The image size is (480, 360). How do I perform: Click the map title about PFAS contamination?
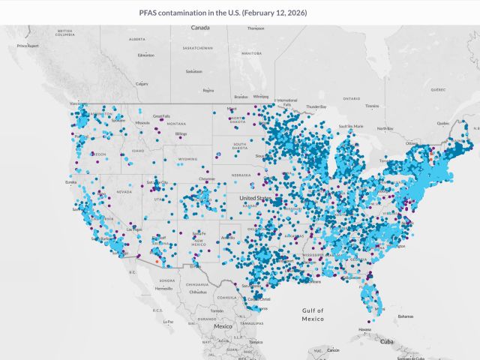(x=223, y=13)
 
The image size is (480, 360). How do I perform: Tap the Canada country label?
(x=200, y=28)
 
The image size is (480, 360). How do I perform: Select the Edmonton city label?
(x=146, y=55)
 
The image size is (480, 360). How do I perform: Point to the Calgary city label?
(x=142, y=83)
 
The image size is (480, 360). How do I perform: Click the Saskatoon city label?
(x=194, y=71)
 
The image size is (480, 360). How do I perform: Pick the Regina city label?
(x=208, y=90)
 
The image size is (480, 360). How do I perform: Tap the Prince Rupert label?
(x=27, y=46)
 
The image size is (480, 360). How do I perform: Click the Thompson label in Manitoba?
(x=256, y=29)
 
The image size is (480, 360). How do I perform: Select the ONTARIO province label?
(x=352, y=98)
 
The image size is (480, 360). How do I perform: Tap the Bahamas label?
(x=405, y=316)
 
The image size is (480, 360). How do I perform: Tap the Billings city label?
(x=181, y=133)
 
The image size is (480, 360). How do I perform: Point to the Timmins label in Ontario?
(x=372, y=106)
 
